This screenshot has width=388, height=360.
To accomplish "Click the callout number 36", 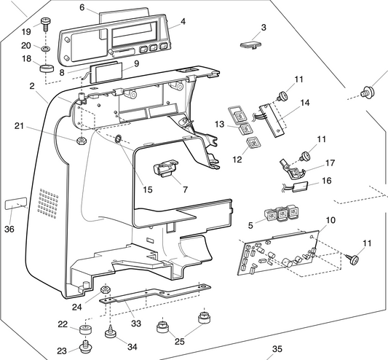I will [9, 227].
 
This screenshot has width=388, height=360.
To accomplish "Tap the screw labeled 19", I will [45, 24].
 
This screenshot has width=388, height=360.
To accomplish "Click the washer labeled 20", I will [46, 49].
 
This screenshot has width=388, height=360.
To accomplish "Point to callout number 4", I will [183, 21].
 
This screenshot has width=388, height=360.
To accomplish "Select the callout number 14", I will [304, 103].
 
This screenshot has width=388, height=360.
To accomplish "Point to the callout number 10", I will [330, 219].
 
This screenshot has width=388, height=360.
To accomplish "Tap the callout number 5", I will [251, 225].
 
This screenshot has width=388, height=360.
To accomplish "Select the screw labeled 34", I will [111, 334].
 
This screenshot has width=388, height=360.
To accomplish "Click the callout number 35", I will [277, 349].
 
